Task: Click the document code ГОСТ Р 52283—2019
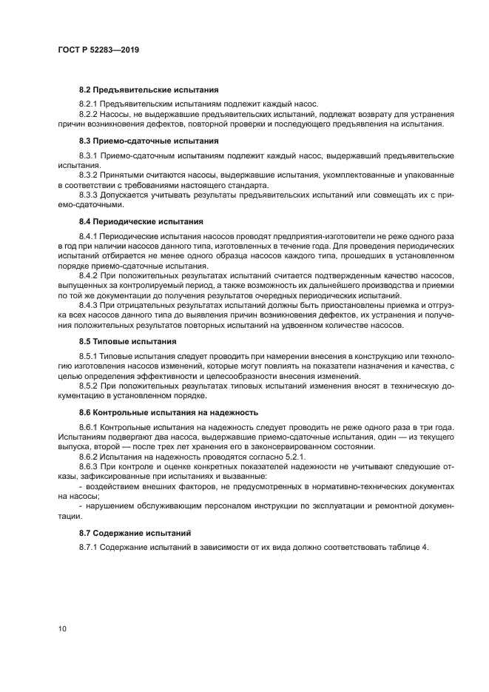98,50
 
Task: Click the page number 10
62,628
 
